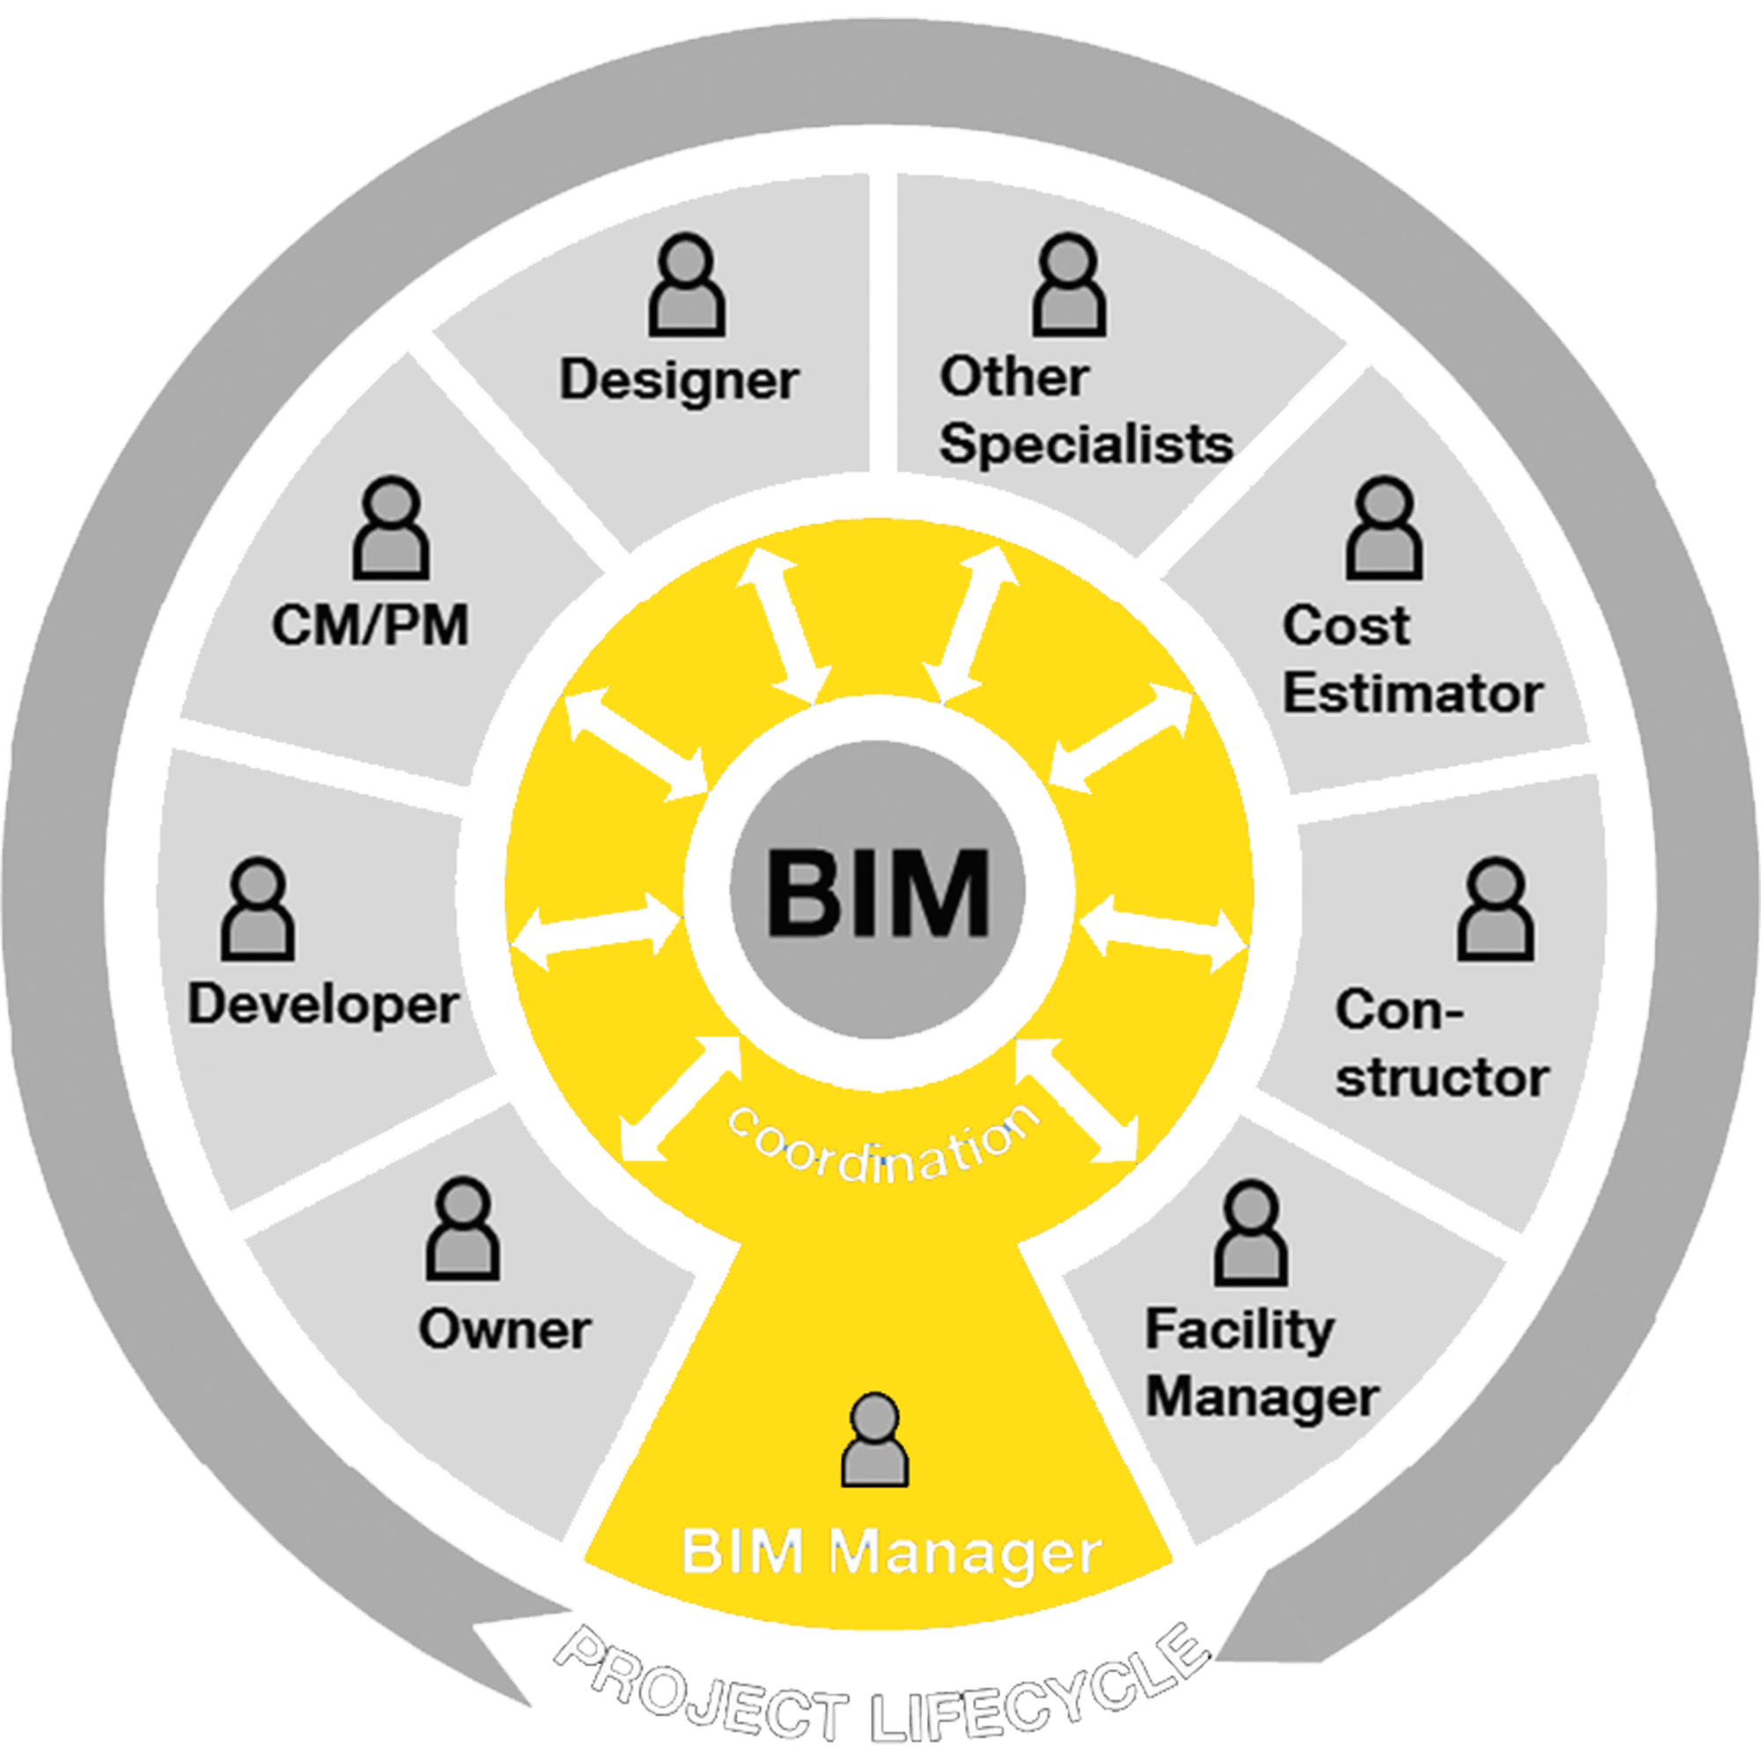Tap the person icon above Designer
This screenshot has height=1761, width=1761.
click(x=687, y=285)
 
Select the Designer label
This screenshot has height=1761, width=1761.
click(x=679, y=380)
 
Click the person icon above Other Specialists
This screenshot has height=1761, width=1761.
click(x=1068, y=285)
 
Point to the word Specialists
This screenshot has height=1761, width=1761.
click(x=1086, y=445)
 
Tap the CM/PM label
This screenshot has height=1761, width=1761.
click(x=370, y=626)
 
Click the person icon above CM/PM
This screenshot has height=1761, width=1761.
click(x=391, y=528)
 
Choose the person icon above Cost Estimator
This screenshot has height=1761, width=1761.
click(x=1383, y=528)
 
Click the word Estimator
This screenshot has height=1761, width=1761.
click(x=1412, y=695)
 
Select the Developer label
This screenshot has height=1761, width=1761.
click(x=322, y=1006)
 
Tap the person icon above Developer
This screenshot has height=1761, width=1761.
click(x=258, y=909)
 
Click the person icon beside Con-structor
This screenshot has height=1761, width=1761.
click(x=1495, y=909)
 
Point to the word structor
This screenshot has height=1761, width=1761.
click(x=1442, y=1079)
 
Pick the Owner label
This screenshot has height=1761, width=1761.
click(x=504, y=1330)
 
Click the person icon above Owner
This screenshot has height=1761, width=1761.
click(x=463, y=1229)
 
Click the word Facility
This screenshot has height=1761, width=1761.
click(x=1240, y=1330)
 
